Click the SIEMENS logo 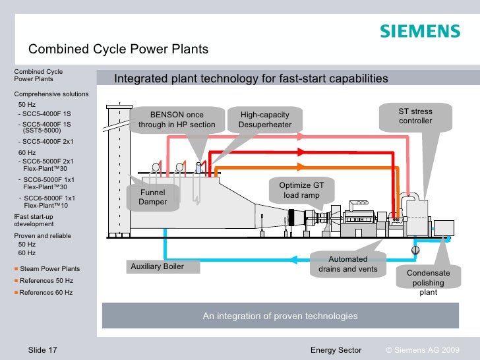(419, 32)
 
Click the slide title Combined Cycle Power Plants (118, 49)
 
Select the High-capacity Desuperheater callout (265, 119)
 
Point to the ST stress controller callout (415, 116)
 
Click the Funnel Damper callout (152, 197)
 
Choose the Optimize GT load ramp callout (301, 191)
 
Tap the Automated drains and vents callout (347, 264)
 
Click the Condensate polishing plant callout (428, 283)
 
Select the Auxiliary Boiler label (157, 266)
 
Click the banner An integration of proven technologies (280, 316)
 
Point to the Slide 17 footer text (43, 349)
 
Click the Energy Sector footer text (336, 349)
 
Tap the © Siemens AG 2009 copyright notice (422, 349)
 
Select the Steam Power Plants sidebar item (50, 269)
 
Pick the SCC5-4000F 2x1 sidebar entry (46, 142)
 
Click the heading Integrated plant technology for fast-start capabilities (251, 79)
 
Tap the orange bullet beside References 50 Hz (16, 281)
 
